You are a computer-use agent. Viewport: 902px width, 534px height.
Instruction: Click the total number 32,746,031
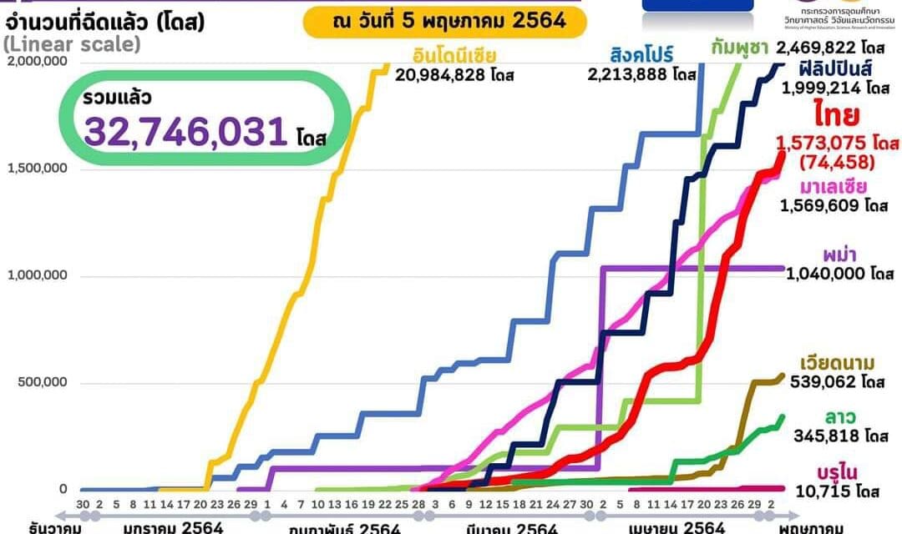[x=185, y=132]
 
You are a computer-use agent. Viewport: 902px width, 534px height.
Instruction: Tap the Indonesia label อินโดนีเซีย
[x=454, y=57]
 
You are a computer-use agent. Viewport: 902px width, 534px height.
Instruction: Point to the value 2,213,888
[x=631, y=75]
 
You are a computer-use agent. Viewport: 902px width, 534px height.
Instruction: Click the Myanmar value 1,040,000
[x=826, y=274]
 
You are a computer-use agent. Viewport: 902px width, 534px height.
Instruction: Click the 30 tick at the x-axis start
[x=83, y=505]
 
